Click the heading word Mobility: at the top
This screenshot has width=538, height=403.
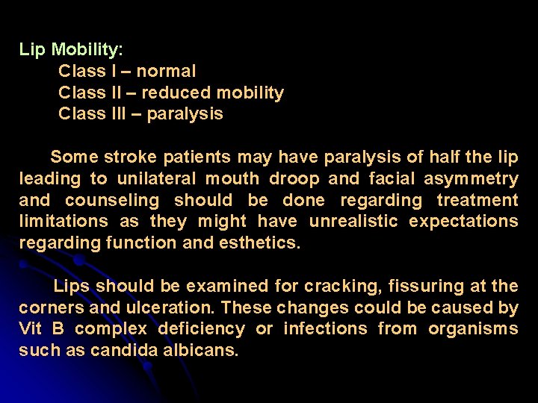[87, 51]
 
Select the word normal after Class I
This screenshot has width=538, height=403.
[167, 72]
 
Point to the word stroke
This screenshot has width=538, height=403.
[128, 157]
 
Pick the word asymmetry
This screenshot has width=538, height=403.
[471, 179]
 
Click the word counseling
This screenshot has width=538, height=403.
[112, 201]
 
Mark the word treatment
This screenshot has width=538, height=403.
[477, 201]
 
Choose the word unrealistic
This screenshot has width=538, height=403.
[356, 222]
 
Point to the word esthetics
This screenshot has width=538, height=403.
[259, 243]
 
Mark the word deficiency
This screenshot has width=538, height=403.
[200, 329]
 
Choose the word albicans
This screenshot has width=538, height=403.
[202, 350]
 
